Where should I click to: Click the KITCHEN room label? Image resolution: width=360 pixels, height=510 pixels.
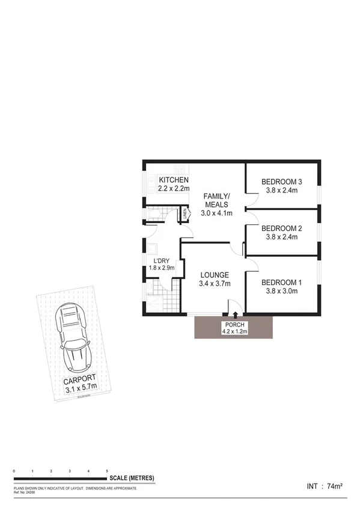coord(174,180)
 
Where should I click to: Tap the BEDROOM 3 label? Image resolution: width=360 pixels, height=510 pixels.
coord(281,182)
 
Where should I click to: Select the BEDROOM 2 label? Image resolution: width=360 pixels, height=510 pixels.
coord(281,229)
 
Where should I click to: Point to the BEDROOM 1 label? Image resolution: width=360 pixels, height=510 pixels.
coord(281,283)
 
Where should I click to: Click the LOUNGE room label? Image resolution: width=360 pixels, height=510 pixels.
coord(215,275)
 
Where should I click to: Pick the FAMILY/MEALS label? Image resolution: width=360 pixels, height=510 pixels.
coord(216,200)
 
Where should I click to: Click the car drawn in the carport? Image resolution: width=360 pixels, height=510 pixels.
coord(75,338)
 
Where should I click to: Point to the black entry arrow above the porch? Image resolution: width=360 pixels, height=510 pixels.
coord(234,314)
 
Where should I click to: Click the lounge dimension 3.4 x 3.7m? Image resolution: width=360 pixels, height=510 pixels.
coord(215,284)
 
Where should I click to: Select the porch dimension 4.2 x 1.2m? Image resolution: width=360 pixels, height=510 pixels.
coord(233,330)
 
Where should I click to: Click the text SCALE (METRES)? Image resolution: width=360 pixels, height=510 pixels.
coord(132,478)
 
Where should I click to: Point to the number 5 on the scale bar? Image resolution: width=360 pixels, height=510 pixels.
coord(107,471)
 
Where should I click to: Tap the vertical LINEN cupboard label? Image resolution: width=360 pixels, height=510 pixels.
coord(185,214)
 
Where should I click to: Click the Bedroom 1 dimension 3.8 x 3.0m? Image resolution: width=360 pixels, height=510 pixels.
coord(281,292)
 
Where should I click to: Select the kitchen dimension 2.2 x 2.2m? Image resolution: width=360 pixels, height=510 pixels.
coord(174,189)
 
